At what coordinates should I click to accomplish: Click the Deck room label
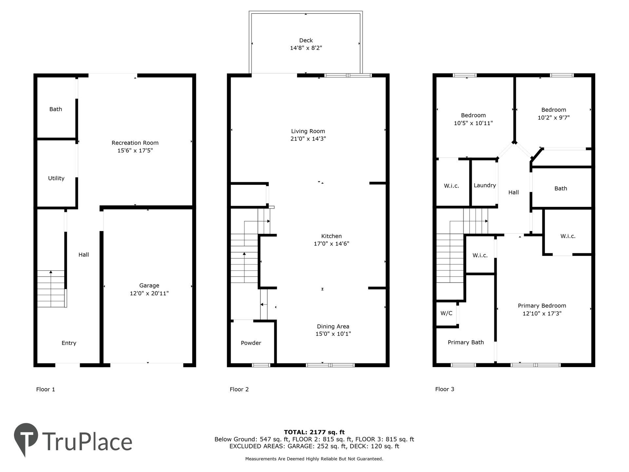tap(306, 40)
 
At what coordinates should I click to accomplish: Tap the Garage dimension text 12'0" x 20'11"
tap(149, 293)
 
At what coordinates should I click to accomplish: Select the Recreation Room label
tap(135, 143)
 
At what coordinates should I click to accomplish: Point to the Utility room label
tap(56, 178)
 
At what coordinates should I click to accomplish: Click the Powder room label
tap(251, 343)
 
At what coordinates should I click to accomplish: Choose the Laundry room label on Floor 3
tap(485, 186)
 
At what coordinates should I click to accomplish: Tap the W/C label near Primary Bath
tap(446, 313)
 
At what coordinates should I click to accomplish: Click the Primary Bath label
tap(466, 343)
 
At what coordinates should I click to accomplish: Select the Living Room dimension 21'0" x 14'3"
tap(308, 139)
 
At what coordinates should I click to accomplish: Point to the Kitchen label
tap(331, 236)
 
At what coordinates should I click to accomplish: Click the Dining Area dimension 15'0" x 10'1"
tap(333, 334)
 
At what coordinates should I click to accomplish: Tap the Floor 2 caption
tap(239, 389)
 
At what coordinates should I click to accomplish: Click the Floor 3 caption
tap(445, 389)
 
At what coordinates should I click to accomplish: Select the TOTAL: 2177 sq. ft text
tap(314, 432)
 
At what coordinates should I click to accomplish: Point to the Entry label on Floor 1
tap(69, 343)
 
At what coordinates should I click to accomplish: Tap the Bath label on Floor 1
tap(56, 109)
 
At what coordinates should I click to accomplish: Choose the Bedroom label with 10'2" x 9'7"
tap(554, 110)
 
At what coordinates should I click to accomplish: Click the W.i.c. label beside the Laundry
tap(451, 186)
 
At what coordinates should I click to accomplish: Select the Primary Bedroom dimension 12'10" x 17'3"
tap(542, 314)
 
